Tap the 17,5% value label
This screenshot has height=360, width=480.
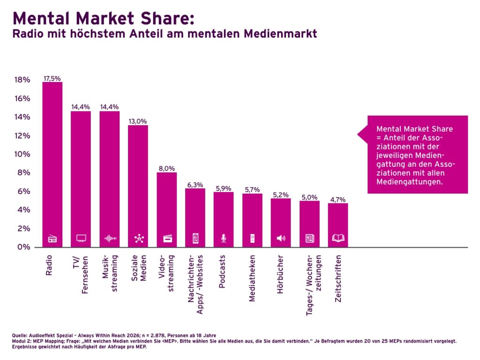52,78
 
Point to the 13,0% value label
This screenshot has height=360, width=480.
138,121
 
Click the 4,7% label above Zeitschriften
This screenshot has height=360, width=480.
338,199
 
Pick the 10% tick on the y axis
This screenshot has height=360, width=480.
22,154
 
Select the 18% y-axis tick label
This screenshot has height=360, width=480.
22,80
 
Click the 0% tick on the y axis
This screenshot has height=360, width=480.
23,247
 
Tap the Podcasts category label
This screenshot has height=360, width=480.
223,271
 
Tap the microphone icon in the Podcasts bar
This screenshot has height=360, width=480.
224,239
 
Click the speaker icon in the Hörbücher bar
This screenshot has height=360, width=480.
280,239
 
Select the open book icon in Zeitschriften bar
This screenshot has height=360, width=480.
338,239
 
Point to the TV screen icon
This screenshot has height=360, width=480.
81,239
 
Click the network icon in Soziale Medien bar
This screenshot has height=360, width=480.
138,239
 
